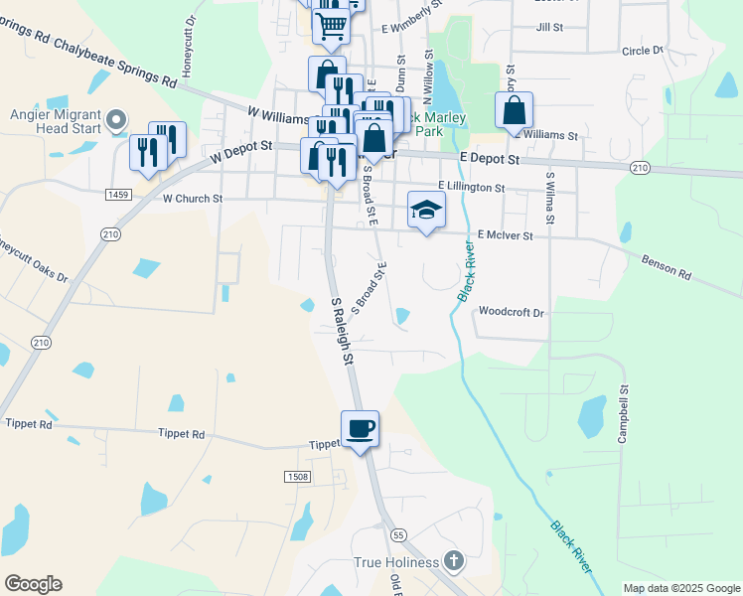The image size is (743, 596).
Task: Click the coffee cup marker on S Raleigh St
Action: (x=360, y=428)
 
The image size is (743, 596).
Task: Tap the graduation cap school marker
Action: (x=426, y=210)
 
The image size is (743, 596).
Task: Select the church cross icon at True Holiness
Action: (x=454, y=561)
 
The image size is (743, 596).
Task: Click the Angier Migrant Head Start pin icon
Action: (x=116, y=121)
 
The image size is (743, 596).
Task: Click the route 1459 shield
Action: (x=119, y=196)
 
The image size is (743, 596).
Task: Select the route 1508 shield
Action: (x=297, y=477)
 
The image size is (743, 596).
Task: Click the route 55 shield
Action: (x=398, y=534)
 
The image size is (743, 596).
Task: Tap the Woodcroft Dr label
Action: (x=513, y=312)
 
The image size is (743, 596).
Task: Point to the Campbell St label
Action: (x=625, y=414)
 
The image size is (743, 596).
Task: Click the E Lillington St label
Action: (x=472, y=187)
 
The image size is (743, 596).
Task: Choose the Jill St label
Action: (x=549, y=28)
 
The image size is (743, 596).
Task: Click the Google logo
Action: (x=33, y=584)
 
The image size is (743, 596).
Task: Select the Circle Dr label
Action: (x=642, y=50)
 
